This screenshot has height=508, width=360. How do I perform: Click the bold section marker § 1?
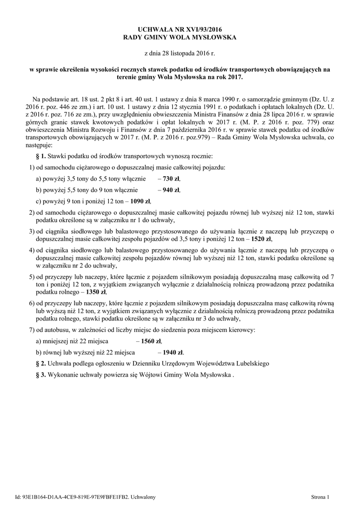pyautogui.click(x=40, y=156)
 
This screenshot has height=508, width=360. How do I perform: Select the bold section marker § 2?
pyautogui.click(x=40, y=364)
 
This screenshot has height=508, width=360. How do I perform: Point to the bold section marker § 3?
pyautogui.click(x=40, y=375)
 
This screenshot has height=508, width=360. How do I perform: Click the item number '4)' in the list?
pyautogui.click(x=32, y=251)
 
